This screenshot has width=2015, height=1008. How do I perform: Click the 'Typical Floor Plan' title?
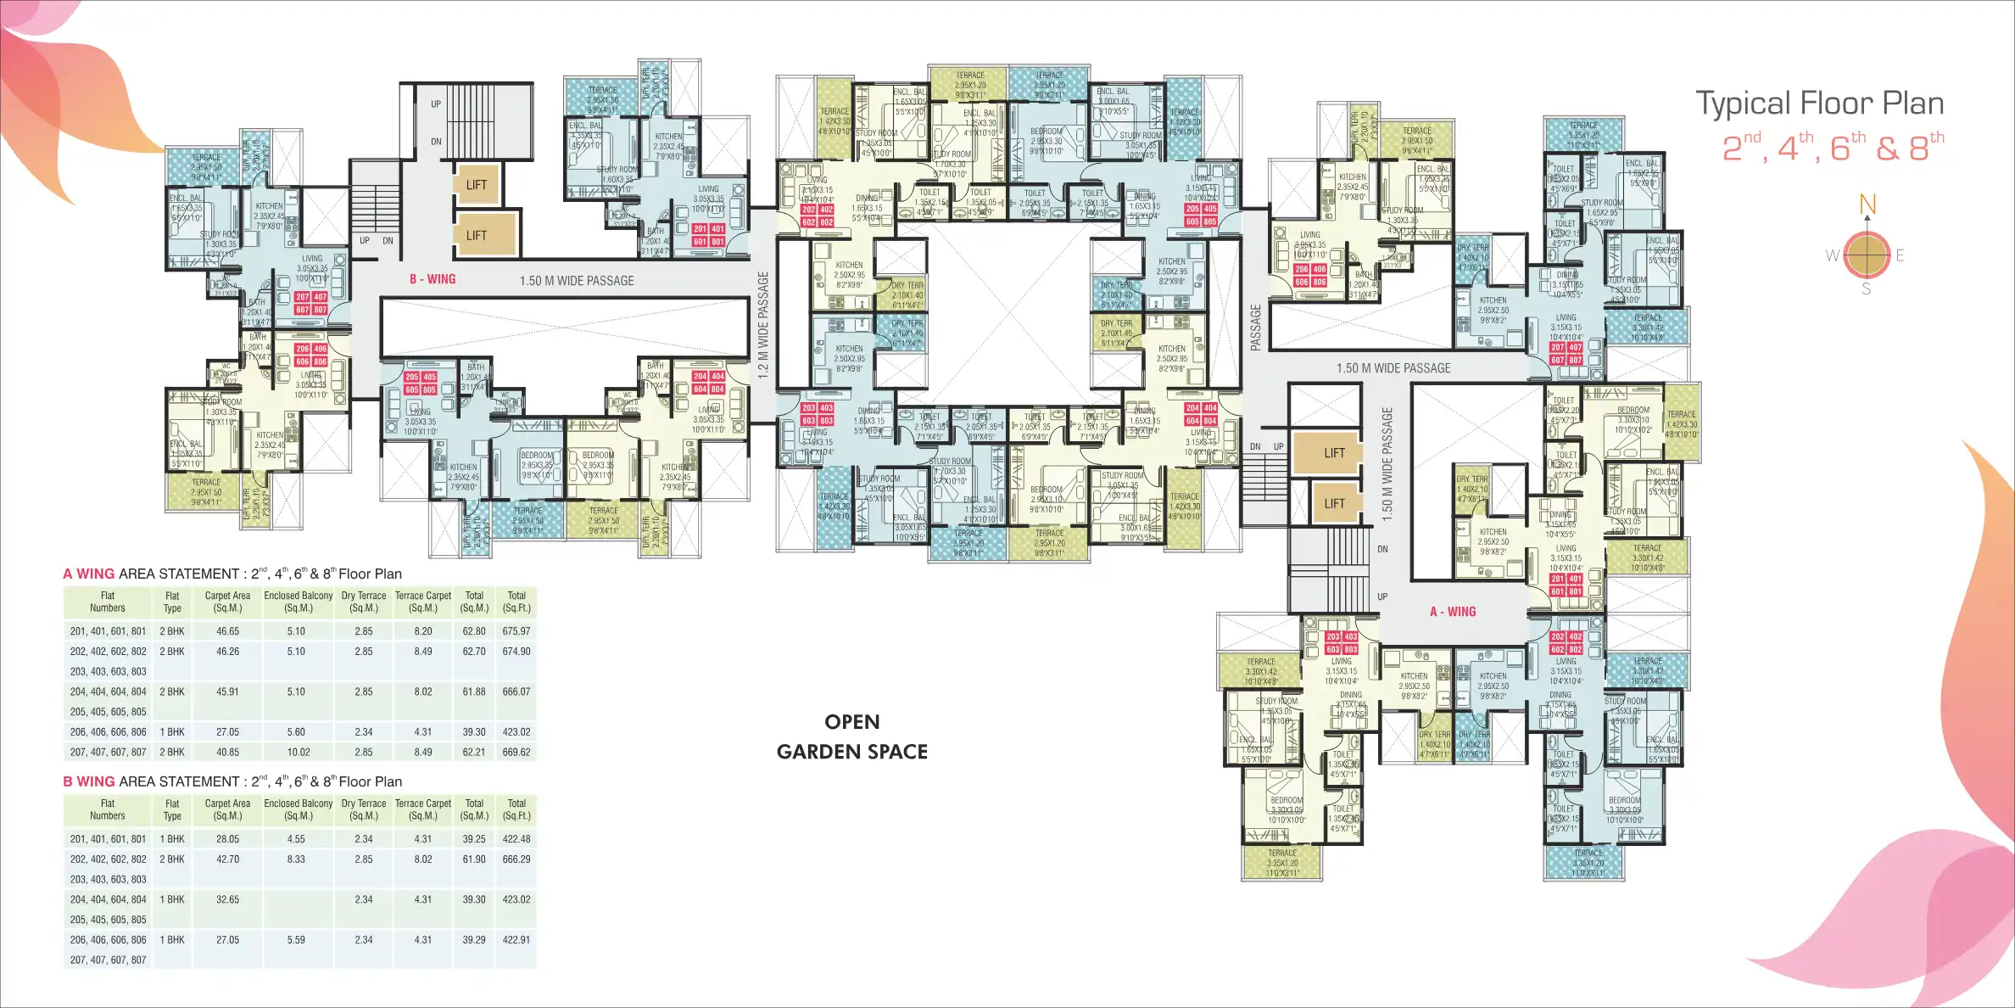(x=1819, y=104)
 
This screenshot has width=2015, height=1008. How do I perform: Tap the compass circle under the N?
(x=1867, y=255)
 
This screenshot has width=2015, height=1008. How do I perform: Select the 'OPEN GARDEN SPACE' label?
(x=852, y=736)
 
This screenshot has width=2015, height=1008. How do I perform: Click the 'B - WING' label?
(x=433, y=279)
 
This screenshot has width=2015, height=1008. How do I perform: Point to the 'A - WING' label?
(x=1453, y=612)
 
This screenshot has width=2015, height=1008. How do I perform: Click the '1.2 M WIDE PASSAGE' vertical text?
(x=763, y=324)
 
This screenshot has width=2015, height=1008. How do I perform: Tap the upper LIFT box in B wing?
(x=476, y=185)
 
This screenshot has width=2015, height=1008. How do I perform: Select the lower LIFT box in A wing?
(x=1334, y=503)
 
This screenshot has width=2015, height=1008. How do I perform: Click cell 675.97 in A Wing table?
(x=516, y=631)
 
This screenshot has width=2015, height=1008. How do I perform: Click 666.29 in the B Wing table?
(x=516, y=860)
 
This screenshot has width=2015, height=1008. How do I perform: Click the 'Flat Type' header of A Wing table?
(x=172, y=602)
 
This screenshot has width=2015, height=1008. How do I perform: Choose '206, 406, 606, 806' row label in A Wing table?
(x=108, y=731)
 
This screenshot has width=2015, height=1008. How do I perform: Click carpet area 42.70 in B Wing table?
(x=227, y=860)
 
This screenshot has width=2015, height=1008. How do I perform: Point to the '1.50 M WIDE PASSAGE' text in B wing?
(x=577, y=281)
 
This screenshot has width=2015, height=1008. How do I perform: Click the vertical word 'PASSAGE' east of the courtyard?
(x=1256, y=327)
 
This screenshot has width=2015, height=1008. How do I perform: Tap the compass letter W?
(x=1833, y=255)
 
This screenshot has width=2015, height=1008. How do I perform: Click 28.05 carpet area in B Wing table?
(x=227, y=839)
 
